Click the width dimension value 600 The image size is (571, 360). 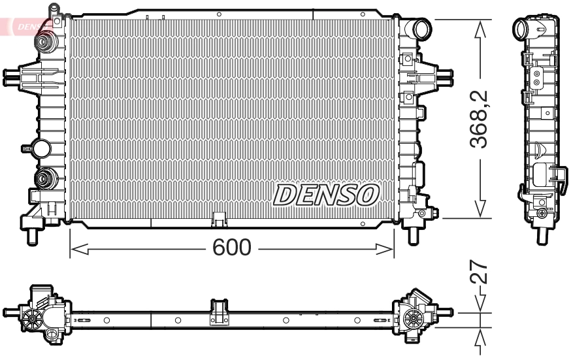[x=232, y=248]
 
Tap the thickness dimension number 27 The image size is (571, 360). [x=481, y=272]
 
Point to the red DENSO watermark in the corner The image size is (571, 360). [x=29, y=25]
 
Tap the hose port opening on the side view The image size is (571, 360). [x=522, y=29]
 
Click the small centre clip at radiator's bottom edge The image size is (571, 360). [x=218, y=218]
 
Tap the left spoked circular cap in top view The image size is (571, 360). [x=31, y=318]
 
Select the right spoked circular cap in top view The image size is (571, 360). [x=412, y=318]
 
